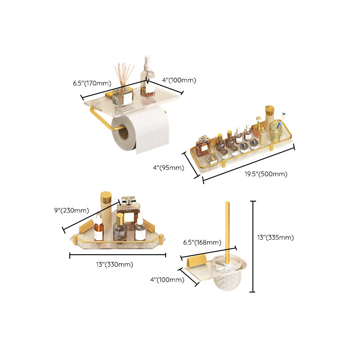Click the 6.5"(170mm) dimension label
(x=92, y=83)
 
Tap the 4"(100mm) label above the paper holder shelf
(x=179, y=81)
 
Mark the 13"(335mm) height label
(x=275, y=238)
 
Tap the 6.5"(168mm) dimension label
(x=200, y=242)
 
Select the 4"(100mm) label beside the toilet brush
(x=167, y=280)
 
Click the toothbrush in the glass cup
(x=281, y=119)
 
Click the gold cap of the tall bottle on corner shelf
(x=105, y=198)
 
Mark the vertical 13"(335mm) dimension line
(x=252, y=247)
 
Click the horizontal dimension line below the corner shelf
(x=117, y=256)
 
